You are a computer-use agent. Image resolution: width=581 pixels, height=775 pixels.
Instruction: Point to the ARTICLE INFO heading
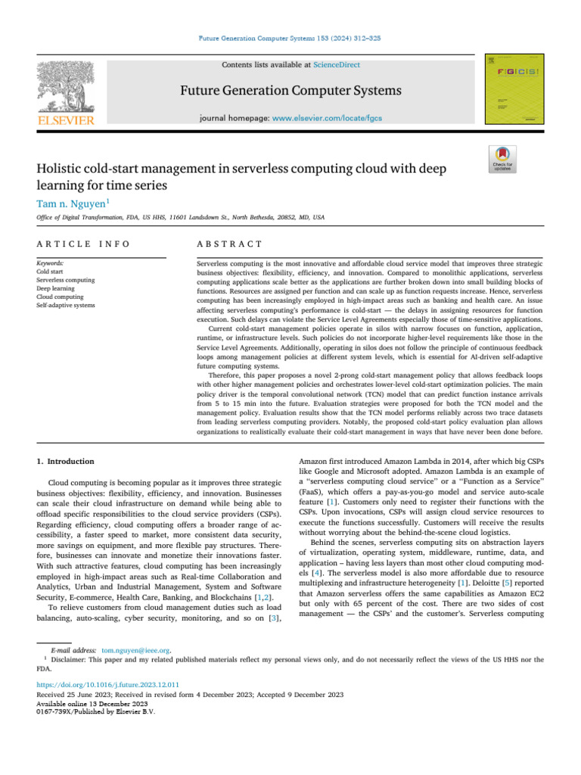[x=83, y=244]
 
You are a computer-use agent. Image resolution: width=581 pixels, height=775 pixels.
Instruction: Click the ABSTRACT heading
[x=229, y=244]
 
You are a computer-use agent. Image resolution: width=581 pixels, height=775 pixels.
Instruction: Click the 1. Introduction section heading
[x=66, y=461]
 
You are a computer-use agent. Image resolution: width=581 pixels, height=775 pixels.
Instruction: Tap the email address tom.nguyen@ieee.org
[x=135, y=649]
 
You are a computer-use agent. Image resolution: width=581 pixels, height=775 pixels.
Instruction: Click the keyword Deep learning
[x=56, y=288]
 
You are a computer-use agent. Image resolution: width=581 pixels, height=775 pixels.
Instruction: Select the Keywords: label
[x=51, y=263]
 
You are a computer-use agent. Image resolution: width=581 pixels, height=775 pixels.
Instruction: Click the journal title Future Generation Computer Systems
[x=290, y=92]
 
